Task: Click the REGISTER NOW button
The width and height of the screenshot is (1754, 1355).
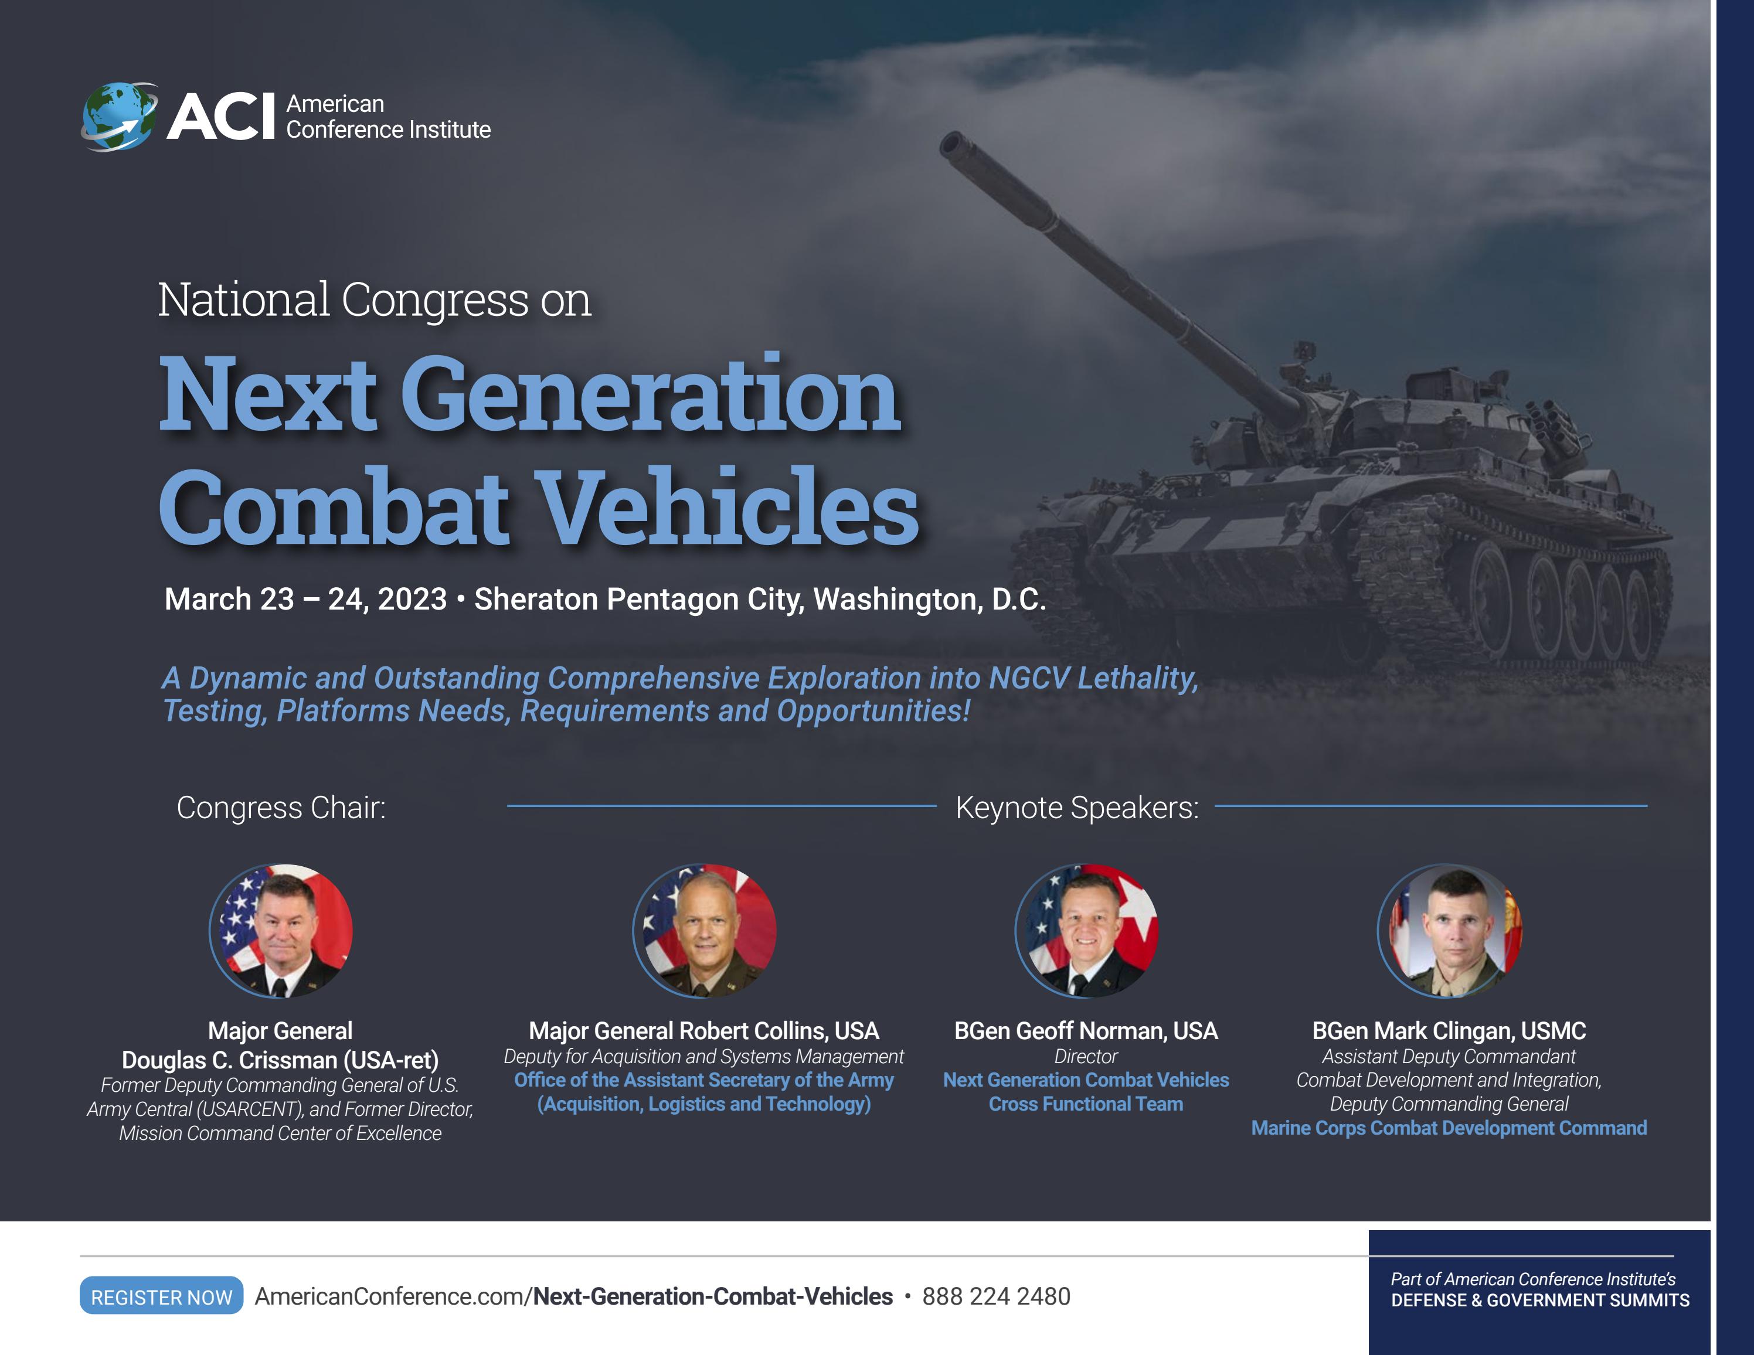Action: point(161,1296)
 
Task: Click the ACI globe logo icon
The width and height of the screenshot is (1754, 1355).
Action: point(120,117)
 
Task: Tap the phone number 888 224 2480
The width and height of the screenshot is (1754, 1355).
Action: point(996,1296)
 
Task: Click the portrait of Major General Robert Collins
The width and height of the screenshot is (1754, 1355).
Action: point(704,931)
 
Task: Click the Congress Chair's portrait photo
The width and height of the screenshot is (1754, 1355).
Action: point(280,931)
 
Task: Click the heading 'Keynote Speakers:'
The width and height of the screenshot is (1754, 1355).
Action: point(1076,808)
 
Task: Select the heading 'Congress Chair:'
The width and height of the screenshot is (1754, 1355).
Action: point(281,808)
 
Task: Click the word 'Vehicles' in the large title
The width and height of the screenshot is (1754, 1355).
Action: point(727,508)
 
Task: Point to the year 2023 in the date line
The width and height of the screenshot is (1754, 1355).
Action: point(412,600)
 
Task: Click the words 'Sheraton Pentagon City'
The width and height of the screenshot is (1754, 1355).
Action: point(639,600)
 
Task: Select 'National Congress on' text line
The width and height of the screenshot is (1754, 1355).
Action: point(374,300)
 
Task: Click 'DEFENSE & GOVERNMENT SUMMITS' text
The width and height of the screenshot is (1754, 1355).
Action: point(1539,1300)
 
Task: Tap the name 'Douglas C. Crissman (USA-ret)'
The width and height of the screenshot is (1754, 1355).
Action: point(280,1060)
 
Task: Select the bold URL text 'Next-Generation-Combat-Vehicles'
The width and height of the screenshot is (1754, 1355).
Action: point(712,1296)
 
